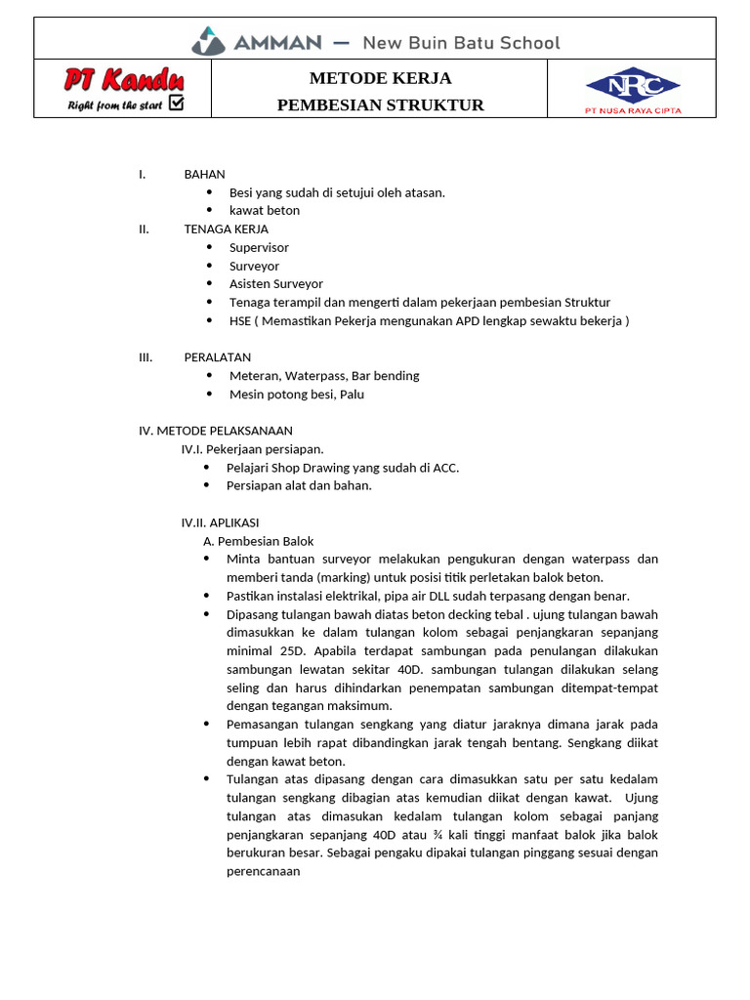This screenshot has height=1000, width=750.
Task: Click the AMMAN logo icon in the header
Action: [x=208, y=41]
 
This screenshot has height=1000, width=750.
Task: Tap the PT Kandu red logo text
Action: [x=124, y=79]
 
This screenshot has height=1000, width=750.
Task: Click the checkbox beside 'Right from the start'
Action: [x=176, y=103]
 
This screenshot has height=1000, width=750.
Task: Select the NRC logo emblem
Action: [x=632, y=86]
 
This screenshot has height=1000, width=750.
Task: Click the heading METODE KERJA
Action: [x=380, y=78]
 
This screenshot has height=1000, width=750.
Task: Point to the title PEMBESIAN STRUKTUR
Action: [x=380, y=104]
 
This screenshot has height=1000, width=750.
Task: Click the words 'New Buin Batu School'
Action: [x=461, y=42]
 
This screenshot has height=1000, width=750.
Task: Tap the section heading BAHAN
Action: [x=204, y=174]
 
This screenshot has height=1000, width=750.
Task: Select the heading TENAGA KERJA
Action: [x=226, y=229]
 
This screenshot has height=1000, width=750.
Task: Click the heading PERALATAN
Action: [x=217, y=356]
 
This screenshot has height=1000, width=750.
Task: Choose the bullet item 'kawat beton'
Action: [x=265, y=210]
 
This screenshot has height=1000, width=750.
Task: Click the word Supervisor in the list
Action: [x=259, y=247]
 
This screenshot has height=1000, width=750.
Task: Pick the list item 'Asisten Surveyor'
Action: [x=276, y=283]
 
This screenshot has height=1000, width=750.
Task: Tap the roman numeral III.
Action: [x=146, y=356]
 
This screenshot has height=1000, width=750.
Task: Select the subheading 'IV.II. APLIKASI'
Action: [x=220, y=522]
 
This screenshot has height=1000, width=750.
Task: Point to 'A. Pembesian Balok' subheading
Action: [x=258, y=540]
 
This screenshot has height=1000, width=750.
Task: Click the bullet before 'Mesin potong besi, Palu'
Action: [x=209, y=394]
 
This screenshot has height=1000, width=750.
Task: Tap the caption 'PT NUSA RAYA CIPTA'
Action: [x=632, y=110]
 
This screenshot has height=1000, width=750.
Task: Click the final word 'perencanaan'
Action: [x=263, y=870]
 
